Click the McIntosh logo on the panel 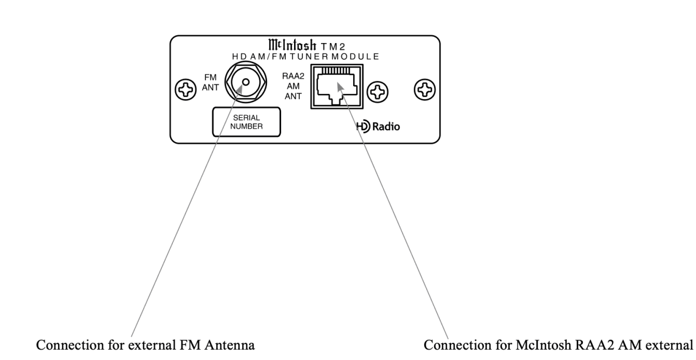tap(292, 45)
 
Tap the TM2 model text tap(333, 47)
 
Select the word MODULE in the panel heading tap(355, 57)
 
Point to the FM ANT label tap(210, 82)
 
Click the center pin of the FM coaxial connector tap(246, 82)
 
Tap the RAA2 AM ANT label tap(293, 86)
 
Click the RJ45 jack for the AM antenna tap(337, 87)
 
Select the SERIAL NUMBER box tap(246, 122)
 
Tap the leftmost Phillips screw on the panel tap(186, 90)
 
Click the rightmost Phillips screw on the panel tap(424, 89)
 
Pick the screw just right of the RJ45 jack tap(378, 92)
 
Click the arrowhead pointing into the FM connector tap(241, 89)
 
